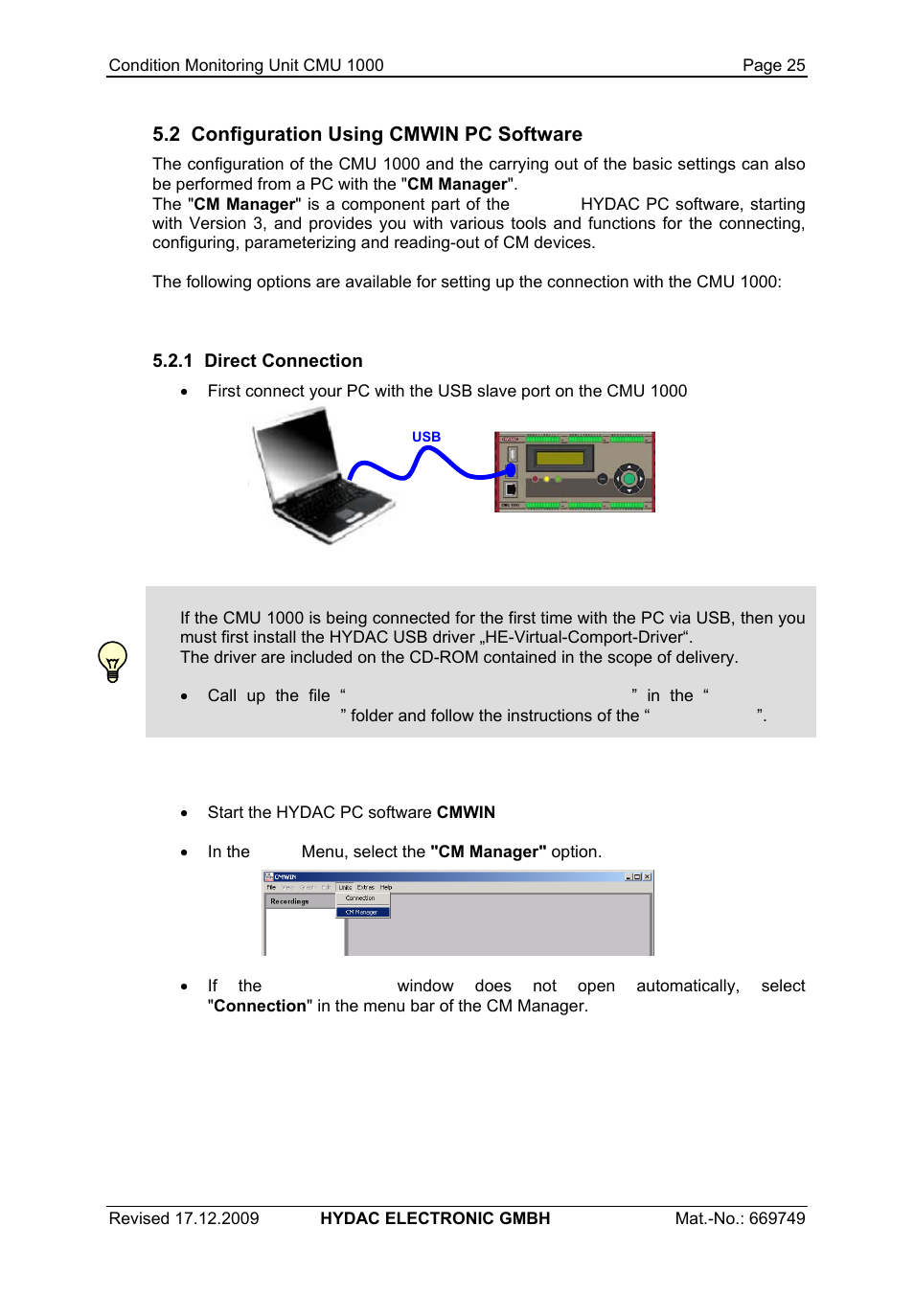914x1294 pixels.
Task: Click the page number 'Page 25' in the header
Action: (773, 65)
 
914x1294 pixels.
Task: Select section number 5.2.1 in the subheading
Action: (172, 361)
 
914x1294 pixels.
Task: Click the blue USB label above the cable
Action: (426, 437)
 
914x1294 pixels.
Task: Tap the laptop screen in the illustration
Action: (298, 448)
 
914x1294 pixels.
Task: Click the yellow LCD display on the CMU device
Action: (560, 458)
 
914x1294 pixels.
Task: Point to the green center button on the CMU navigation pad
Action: (628, 478)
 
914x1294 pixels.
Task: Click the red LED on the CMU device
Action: (536, 479)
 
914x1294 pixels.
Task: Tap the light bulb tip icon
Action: (113, 661)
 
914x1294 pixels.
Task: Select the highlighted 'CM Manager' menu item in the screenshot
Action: (362, 912)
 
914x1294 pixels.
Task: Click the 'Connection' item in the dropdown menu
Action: (360, 898)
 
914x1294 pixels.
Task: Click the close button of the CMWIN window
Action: (648, 876)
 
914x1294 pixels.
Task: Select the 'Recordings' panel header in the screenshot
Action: (289, 901)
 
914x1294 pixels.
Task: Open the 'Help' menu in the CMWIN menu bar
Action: (386, 887)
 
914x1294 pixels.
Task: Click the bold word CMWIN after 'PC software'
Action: (466, 812)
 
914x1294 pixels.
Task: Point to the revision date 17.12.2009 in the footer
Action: (217, 1218)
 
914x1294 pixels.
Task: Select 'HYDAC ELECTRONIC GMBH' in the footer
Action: (435, 1218)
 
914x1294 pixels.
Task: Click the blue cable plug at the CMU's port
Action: (511, 470)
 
